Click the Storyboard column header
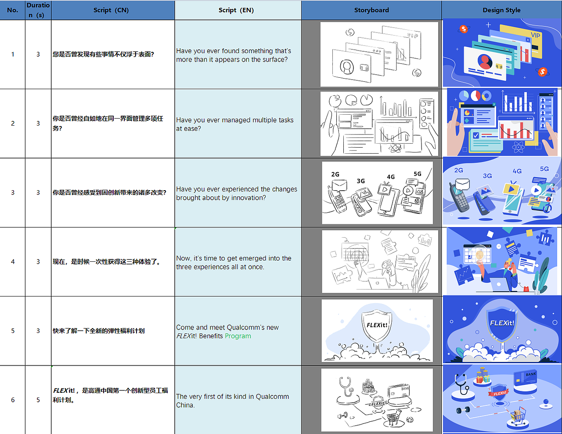pyautogui.click(x=371, y=10)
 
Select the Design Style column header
pyautogui.click(x=501, y=10)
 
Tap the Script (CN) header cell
pyautogui.click(x=111, y=10)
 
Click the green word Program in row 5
pyautogui.click(x=238, y=336)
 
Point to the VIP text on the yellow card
pyautogui.click(x=535, y=35)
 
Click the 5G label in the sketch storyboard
pyautogui.click(x=417, y=174)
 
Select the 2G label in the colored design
pyautogui.click(x=458, y=170)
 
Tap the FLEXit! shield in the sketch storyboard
pyautogui.click(x=377, y=326)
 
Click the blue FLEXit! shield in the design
pyautogui.click(x=502, y=324)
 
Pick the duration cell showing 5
pyautogui.click(x=38, y=400)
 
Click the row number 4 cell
pyautogui.click(x=13, y=262)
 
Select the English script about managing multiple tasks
pyautogui.click(x=234, y=124)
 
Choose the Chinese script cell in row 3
pyautogui.click(x=109, y=192)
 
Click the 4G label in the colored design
pyautogui.click(x=517, y=171)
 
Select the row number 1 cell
pyautogui.click(x=13, y=54)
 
